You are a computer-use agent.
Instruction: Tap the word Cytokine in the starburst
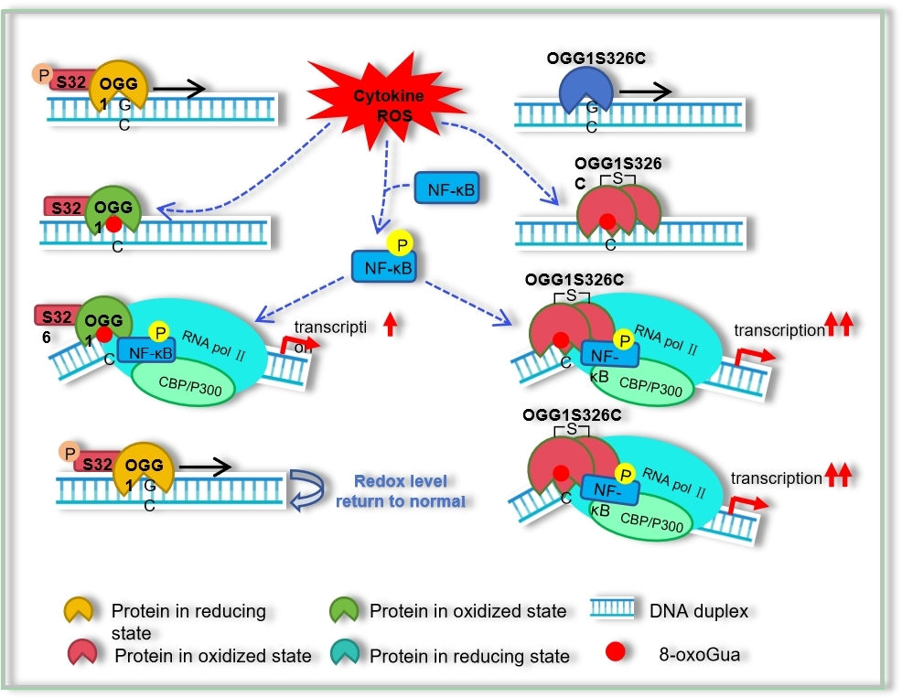tap(383, 96)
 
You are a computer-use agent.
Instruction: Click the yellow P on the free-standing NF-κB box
tap(400, 242)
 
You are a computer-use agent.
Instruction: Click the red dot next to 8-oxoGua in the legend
tap(616, 652)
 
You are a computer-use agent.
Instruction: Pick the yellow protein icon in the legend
tap(80, 610)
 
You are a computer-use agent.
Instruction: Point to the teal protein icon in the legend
tap(347, 654)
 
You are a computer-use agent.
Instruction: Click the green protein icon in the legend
tap(347, 610)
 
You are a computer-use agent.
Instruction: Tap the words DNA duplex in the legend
tap(698, 610)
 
